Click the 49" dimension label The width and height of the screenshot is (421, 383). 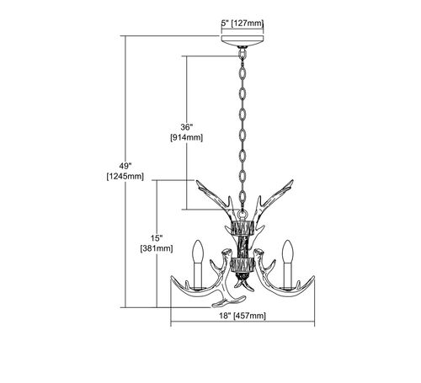[x=125, y=166]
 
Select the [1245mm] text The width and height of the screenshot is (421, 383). [x=125, y=177]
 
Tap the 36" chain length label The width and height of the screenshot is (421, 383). [x=187, y=127]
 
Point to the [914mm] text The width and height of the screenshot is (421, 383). [x=187, y=137]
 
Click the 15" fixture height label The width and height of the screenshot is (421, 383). [x=157, y=238]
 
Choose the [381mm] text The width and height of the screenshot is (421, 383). [x=157, y=248]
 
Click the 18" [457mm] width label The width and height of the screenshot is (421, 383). [x=242, y=316]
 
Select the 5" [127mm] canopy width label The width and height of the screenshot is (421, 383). [x=242, y=24]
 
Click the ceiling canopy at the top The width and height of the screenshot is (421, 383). [x=242, y=40]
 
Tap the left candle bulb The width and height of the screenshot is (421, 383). [x=198, y=251]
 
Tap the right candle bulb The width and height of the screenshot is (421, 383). [x=288, y=251]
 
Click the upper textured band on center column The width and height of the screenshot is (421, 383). [x=242, y=227]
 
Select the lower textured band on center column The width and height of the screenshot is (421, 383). [x=242, y=265]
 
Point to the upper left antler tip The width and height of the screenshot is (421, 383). [x=197, y=181]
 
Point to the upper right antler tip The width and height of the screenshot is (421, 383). [x=292, y=181]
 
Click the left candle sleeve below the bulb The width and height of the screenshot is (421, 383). [x=198, y=275]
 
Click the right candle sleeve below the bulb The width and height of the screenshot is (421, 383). [x=288, y=275]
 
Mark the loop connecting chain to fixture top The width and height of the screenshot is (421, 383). [x=242, y=215]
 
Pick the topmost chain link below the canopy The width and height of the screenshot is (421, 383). [x=242, y=53]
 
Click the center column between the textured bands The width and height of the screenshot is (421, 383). [x=242, y=246]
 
